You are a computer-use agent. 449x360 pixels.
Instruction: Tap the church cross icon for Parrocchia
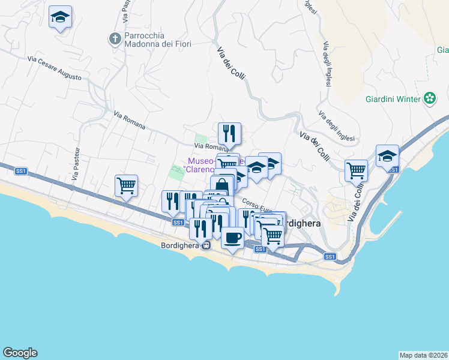click(x=115, y=39)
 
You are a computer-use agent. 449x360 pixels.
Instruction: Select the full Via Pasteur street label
click(x=76, y=164)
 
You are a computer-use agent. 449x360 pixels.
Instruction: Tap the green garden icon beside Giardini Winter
click(x=430, y=98)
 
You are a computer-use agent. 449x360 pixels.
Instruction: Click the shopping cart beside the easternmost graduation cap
click(x=357, y=170)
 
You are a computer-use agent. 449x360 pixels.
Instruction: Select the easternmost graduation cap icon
click(x=387, y=155)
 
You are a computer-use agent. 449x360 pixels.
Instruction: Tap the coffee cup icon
click(x=232, y=237)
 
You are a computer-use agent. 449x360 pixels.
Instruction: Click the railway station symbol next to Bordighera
click(x=206, y=245)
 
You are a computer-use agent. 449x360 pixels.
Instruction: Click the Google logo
click(x=20, y=353)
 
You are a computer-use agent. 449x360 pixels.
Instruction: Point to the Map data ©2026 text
click(x=423, y=355)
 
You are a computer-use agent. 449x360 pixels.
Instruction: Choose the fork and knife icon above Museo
click(x=229, y=133)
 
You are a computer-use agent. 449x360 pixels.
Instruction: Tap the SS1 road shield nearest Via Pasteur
click(x=21, y=171)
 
